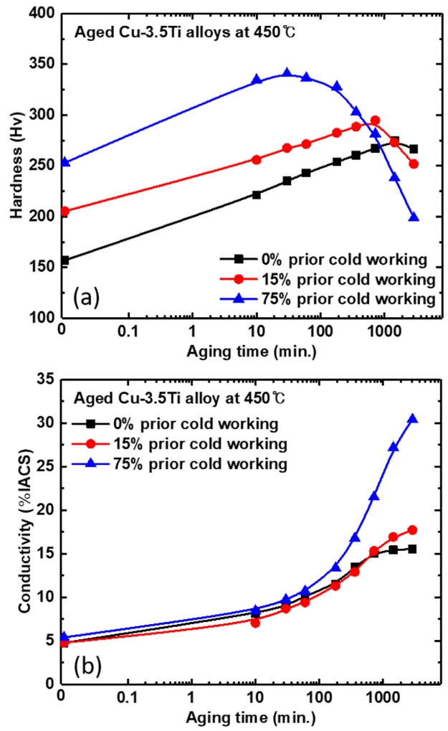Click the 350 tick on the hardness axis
click(x=45, y=65)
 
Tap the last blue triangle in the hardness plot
click(x=414, y=217)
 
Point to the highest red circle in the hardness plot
click(x=375, y=121)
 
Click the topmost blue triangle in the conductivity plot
click(x=413, y=419)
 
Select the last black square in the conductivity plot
click(x=413, y=549)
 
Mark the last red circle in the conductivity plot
click(x=413, y=530)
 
